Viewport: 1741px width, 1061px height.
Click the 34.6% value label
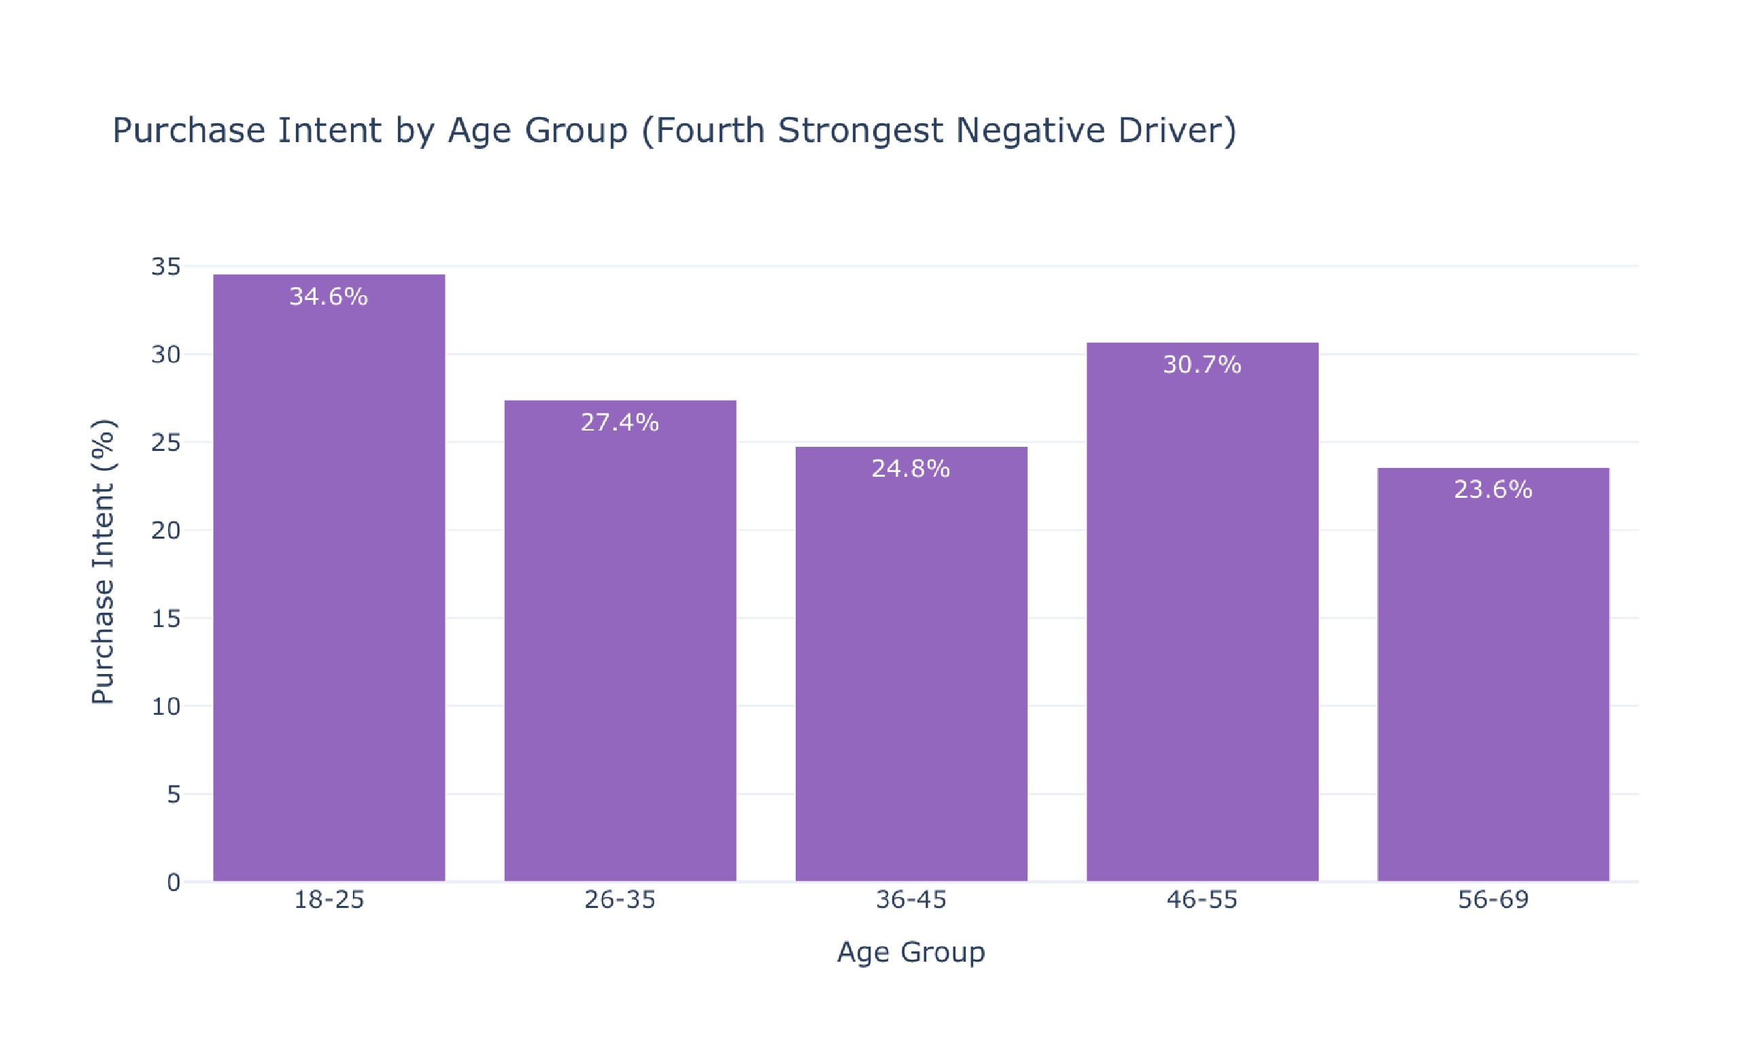(x=328, y=297)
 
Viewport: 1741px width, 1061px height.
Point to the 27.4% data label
(x=620, y=422)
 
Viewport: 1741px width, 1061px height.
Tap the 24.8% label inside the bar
(x=911, y=469)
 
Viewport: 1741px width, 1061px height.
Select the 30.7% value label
(x=1202, y=365)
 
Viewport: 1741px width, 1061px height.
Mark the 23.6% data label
(x=1493, y=490)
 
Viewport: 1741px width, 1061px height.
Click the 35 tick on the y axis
(x=166, y=267)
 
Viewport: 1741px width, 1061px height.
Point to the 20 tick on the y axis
(x=166, y=530)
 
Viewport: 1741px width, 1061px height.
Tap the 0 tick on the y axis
(x=174, y=882)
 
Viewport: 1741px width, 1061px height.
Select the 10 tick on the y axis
(x=166, y=707)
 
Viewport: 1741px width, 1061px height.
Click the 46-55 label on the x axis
(x=1202, y=900)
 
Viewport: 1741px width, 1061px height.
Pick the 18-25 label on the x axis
(x=328, y=900)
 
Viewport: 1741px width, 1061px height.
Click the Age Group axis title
(x=911, y=952)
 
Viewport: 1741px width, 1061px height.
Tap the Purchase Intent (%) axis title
(x=103, y=562)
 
